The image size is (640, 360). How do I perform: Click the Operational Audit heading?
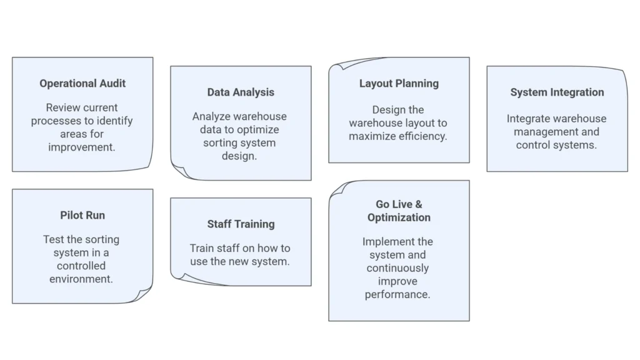(82, 83)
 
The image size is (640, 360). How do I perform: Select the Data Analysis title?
(241, 92)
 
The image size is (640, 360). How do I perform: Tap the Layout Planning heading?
(399, 83)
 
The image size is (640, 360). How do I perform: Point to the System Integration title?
(557, 92)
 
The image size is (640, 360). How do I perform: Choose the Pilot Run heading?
(82, 215)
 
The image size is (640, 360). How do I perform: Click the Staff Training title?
(241, 224)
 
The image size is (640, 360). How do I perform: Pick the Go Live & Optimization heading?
(399, 211)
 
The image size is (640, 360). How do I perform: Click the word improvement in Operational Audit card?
(82, 147)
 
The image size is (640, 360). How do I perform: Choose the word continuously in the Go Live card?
(398, 267)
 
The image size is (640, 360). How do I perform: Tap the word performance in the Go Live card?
(397, 294)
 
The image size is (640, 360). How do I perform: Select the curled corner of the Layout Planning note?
(338, 64)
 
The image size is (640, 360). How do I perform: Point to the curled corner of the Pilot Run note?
(144, 295)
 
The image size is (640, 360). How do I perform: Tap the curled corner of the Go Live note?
(338, 187)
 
